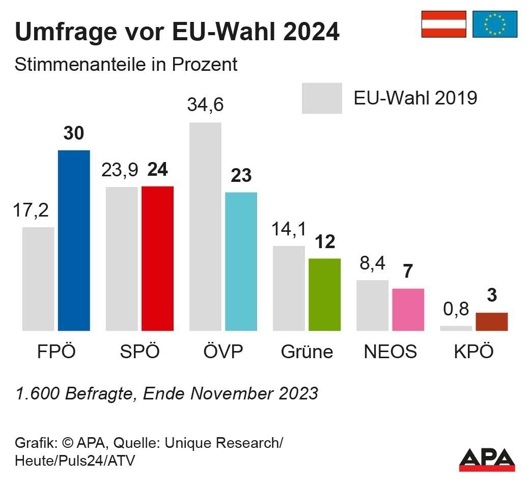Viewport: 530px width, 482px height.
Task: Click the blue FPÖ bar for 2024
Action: pos(74,240)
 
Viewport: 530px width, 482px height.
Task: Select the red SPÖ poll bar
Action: pos(157,258)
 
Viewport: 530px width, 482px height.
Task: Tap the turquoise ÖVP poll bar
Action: pos(241,261)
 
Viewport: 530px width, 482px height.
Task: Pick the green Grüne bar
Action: pos(324,294)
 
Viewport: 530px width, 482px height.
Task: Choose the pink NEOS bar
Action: pos(408,309)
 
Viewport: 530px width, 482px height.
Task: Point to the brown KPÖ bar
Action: pos(491,322)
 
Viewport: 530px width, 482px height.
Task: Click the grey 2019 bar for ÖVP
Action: pos(205,227)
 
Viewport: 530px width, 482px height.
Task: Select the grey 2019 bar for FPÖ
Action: pos(38,279)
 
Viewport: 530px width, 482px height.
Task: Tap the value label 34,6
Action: pos(205,104)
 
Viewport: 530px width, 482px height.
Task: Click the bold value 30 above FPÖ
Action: pos(74,133)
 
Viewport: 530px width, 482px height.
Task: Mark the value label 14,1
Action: pos(289,229)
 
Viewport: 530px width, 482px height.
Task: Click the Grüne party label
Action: pos(307,352)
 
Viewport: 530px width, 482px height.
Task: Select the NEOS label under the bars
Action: pos(390,352)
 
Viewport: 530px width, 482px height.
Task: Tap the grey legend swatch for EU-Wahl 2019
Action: pos(322,98)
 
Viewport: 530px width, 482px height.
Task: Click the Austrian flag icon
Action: pos(443,24)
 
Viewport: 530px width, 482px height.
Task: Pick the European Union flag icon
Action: pos(495,24)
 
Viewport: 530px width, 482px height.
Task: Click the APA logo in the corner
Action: pos(487,459)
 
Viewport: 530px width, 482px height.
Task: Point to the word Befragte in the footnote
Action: pos(97,393)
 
